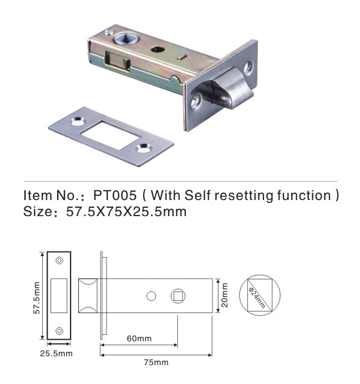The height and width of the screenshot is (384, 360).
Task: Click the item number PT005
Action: click(115, 196)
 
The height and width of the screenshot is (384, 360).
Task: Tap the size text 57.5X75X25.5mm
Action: click(126, 211)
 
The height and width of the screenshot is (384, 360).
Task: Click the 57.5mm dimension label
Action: click(37, 298)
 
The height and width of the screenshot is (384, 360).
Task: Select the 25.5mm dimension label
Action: click(56, 354)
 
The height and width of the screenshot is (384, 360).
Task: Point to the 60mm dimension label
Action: click(139, 339)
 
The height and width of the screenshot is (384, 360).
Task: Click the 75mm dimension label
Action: click(156, 362)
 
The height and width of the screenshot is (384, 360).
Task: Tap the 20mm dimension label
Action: click(225, 295)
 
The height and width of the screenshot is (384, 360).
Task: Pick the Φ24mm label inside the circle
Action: click(257, 298)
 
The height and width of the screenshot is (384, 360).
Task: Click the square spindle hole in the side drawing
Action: click(178, 296)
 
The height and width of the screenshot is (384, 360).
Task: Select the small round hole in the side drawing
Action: click(151, 296)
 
